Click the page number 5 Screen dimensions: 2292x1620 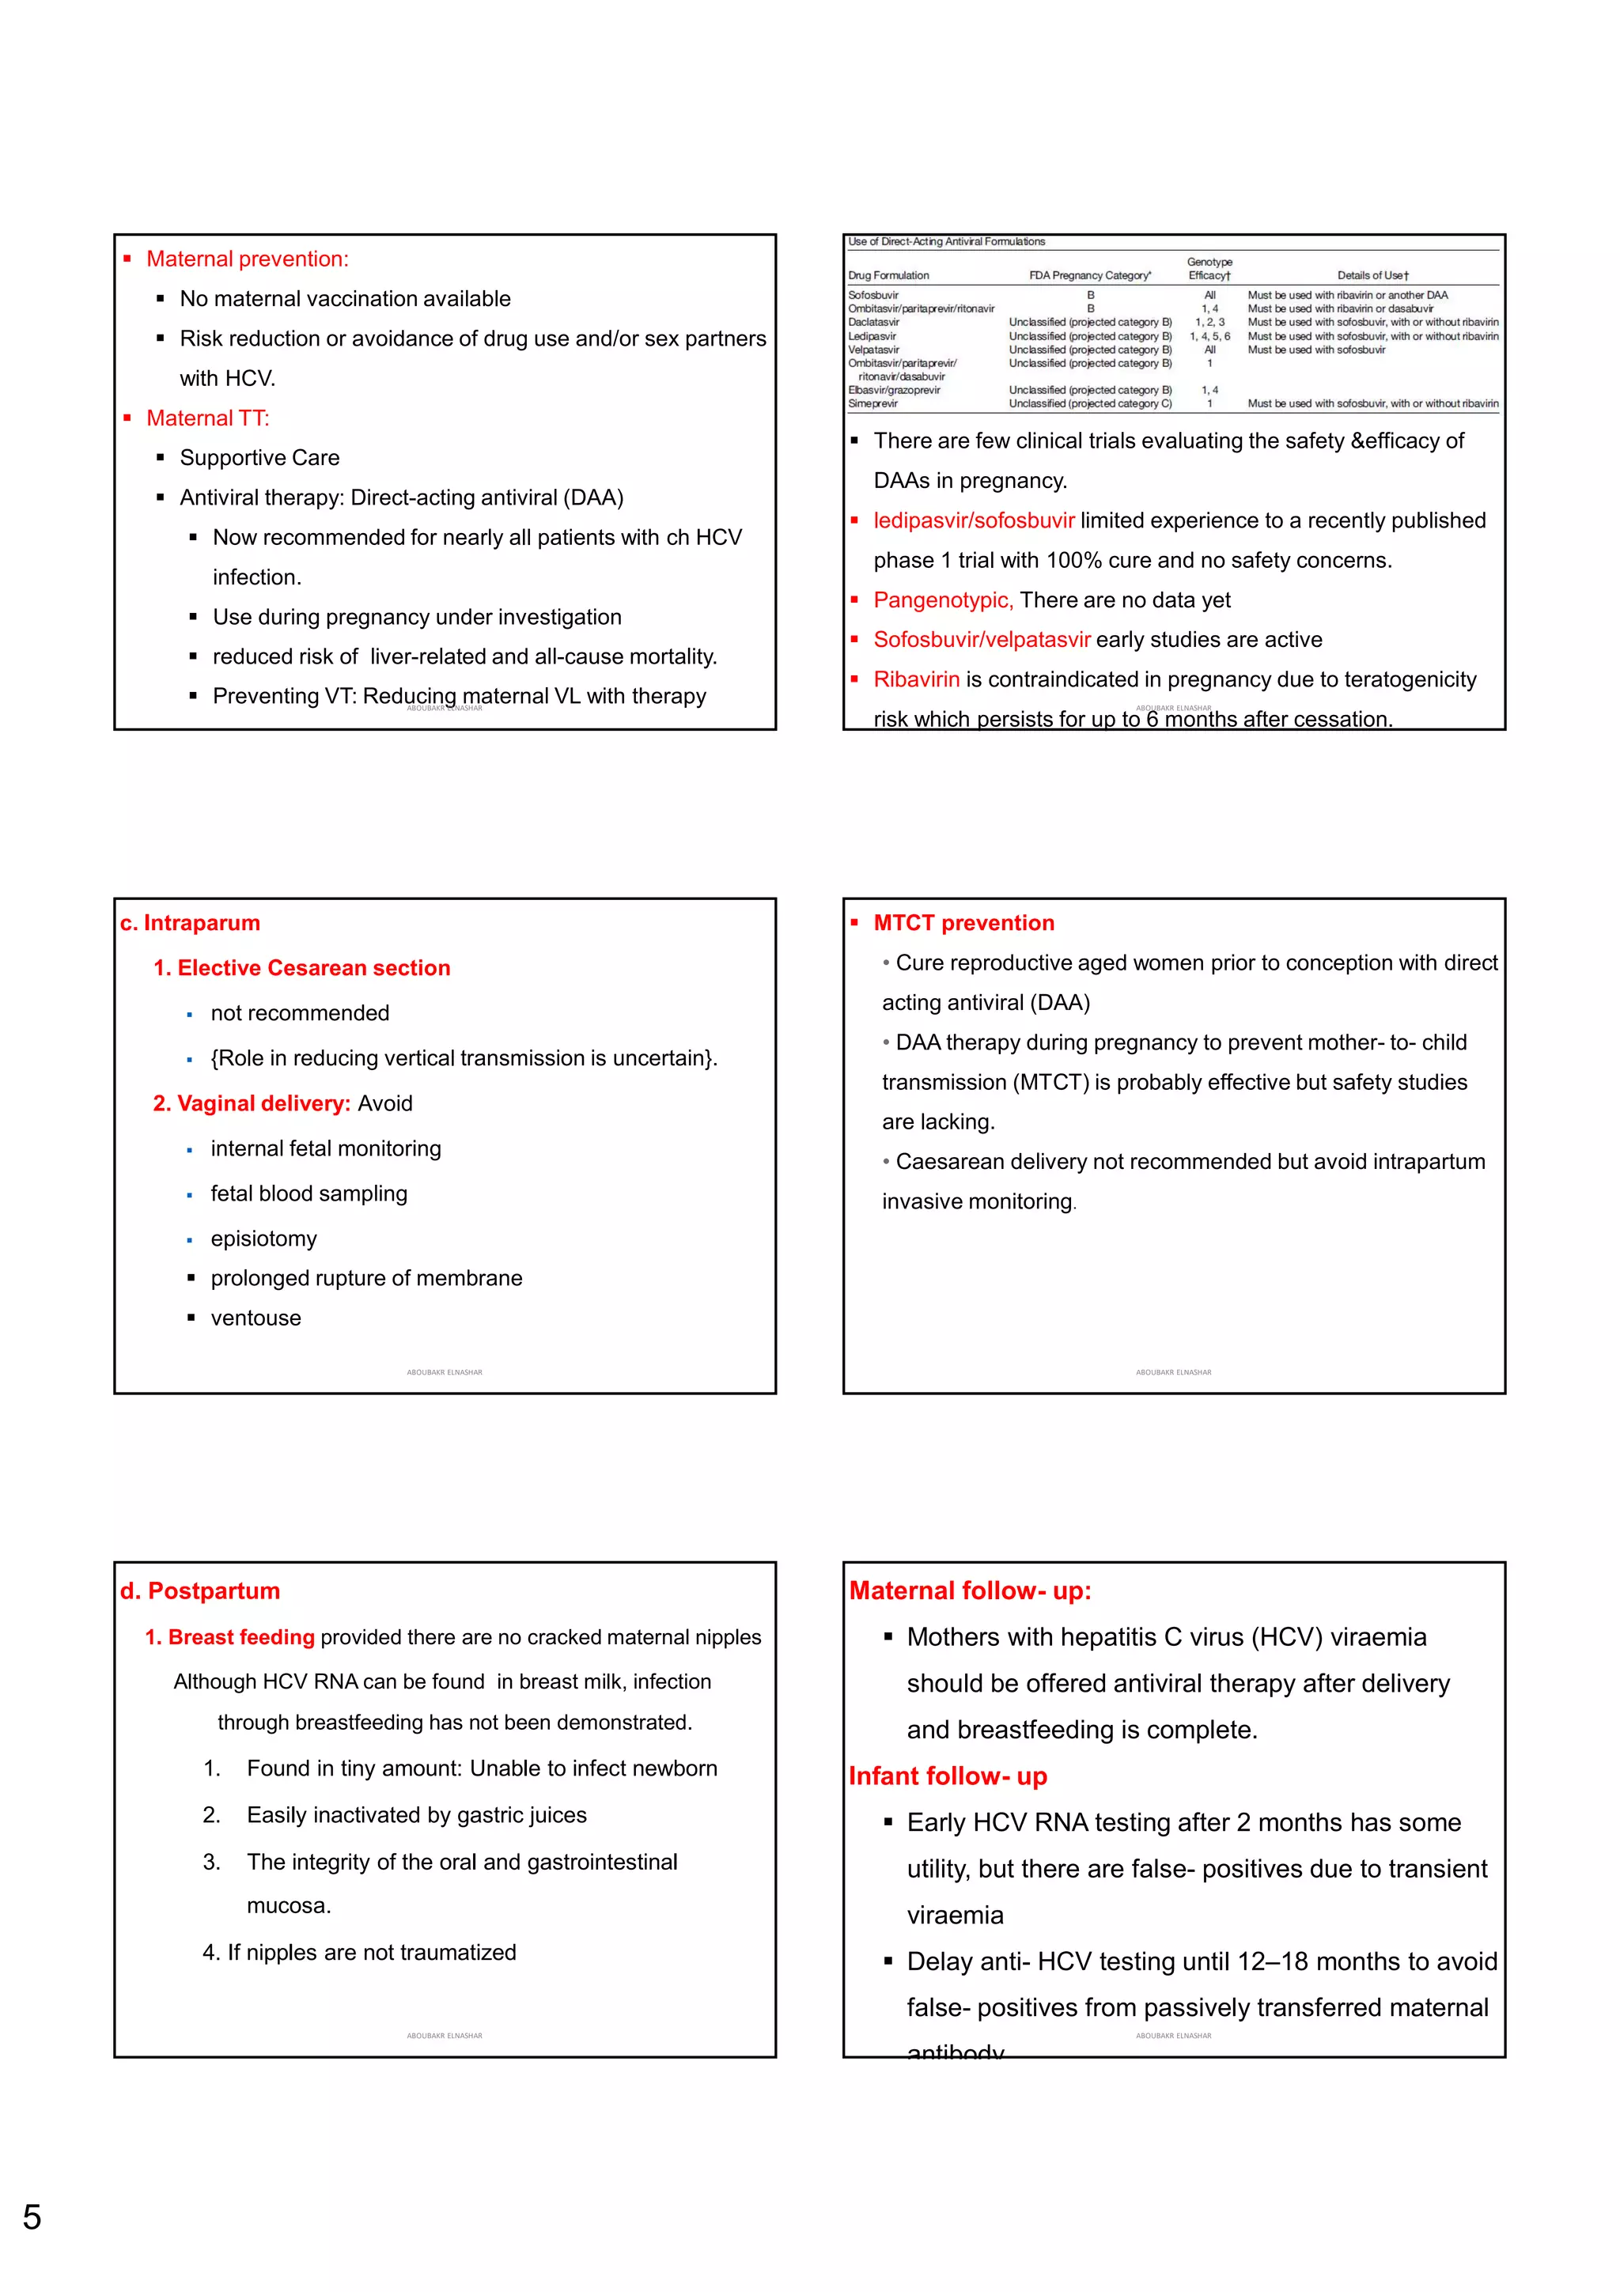point(32,2217)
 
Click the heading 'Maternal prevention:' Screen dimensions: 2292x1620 point(248,259)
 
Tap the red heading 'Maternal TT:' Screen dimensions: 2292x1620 point(207,418)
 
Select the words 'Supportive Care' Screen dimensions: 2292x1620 point(259,457)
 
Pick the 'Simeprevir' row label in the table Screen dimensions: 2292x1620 point(873,404)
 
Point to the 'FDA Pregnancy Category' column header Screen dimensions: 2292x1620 point(1090,275)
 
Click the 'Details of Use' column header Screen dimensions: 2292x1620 point(1372,275)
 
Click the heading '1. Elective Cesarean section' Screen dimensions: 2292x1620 point(301,968)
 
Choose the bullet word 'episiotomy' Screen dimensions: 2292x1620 point(263,1239)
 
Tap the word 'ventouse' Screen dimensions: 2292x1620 point(255,1318)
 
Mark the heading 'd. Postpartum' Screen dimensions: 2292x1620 point(199,1591)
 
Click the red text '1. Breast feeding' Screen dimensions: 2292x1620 point(229,1637)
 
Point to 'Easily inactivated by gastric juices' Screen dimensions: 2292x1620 point(416,1815)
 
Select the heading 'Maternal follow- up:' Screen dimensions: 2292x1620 point(969,1591)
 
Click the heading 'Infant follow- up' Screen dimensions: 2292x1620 point(948,1776)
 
